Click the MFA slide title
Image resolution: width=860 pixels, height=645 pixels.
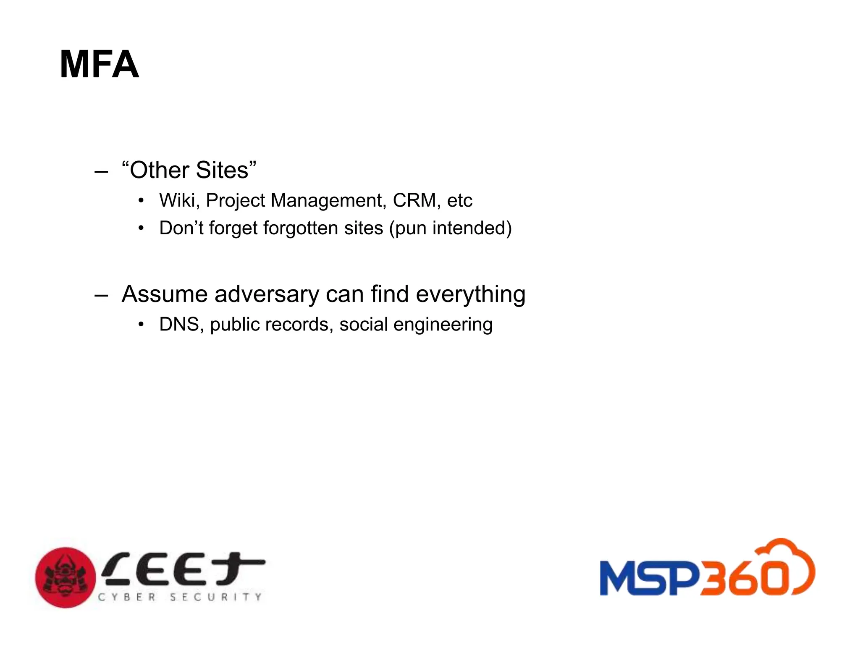[99, 65]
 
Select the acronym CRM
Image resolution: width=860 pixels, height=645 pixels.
[414, 200]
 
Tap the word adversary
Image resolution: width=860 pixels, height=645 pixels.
[267, 294]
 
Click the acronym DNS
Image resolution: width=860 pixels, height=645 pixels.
[179, 325]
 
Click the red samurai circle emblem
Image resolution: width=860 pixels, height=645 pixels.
[65, 577]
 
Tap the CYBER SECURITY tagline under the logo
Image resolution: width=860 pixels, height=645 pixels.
[180, 597]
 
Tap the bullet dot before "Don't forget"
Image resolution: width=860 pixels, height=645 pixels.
[141, 228]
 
